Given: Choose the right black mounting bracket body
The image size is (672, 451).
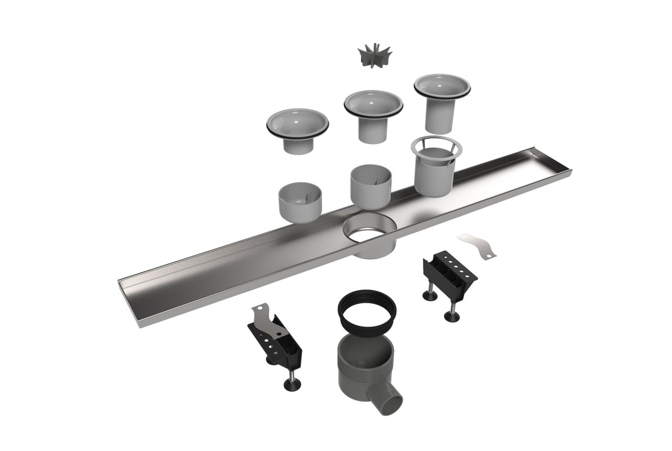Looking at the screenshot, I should tap(450, 274).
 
